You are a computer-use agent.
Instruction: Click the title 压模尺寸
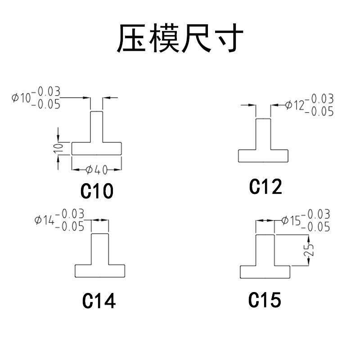tap(180, 39)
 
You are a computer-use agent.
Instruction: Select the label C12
tap(265, 187)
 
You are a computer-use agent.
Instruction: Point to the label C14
tap(99, 301)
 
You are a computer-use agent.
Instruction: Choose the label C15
tap(265, 300)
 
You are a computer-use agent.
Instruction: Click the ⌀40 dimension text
tap(96, 170)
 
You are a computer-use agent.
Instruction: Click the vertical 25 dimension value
tap(309, 251)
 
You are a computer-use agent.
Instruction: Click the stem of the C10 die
tap(96, 127)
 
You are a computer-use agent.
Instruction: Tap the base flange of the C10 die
tap(96, 148)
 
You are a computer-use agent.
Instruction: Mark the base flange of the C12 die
tap(263, 156)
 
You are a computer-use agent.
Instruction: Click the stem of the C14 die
tap(100, 249)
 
